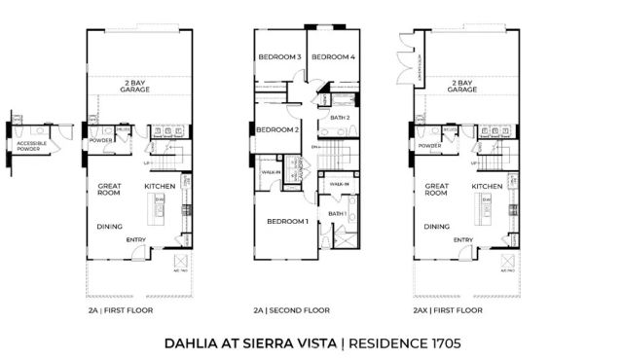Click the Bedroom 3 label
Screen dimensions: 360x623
point(278,57)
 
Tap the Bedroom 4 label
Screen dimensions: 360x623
point(333,57)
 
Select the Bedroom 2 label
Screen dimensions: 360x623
point(276,129)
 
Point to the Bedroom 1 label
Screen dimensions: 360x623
point(288,221)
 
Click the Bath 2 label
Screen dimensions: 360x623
point(340,118)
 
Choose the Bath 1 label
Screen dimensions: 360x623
point(338,213)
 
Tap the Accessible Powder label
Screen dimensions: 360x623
point(32,146)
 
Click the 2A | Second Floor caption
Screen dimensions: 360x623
point(291,310)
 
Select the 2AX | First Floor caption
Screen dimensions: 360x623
point(448,310)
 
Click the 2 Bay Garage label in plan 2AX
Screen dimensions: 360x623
point(462,86)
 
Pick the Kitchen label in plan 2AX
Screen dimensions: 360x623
point(488,186)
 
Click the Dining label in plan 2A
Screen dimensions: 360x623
point(109,227)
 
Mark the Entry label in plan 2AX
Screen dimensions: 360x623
point(463,239)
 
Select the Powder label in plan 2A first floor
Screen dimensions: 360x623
point(102,146)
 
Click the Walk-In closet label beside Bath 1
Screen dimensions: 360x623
point(339,183)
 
